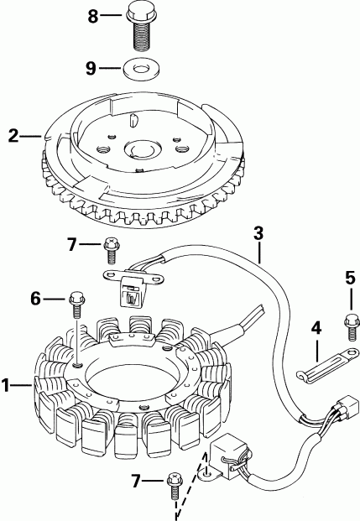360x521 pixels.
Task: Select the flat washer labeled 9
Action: coord(138,65)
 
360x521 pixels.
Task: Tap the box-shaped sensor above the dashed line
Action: coord(231,451)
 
